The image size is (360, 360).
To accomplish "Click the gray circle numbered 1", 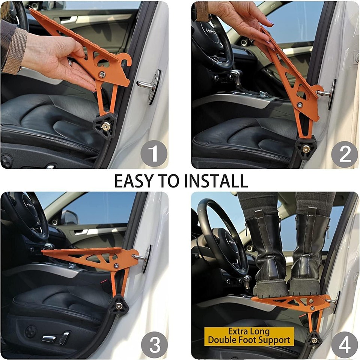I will pos(154,154).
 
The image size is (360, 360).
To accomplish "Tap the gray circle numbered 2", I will pos(344,154).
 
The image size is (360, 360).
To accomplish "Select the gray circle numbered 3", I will pos(154,344).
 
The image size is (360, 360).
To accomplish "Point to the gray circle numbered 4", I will pos(344,344).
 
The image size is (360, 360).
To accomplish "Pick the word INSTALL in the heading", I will pos(216,181).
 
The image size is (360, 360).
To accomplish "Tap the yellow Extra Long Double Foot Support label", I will pos(249,336).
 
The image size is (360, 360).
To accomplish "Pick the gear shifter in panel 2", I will pos(236,76).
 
